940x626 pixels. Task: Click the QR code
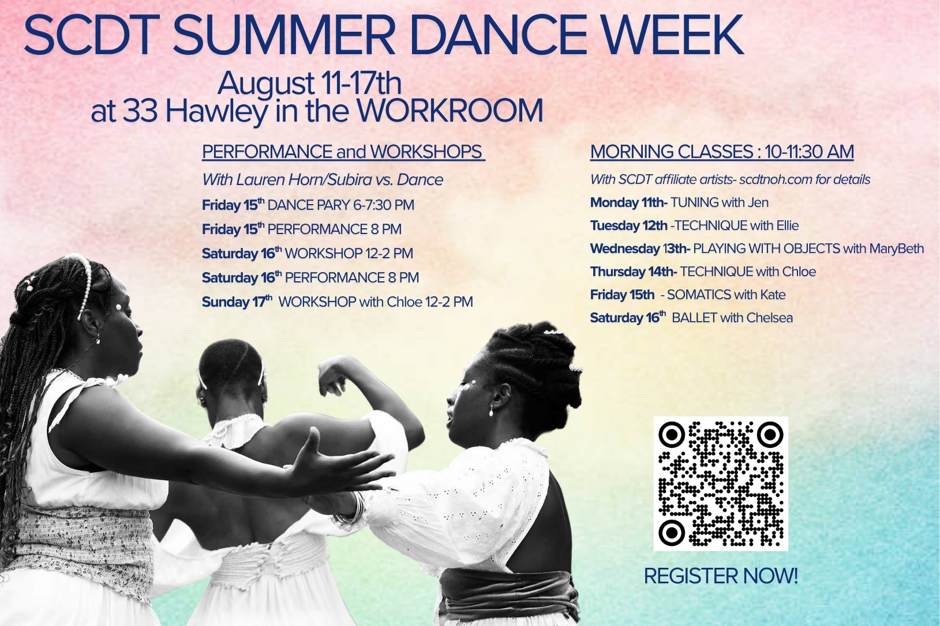coord(721,484)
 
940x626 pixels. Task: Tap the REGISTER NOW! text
coord(721,576)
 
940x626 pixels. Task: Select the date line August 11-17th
coord(309,84)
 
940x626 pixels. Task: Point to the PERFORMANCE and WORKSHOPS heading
coord(343,152)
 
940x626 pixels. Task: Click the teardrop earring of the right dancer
coord(491,412)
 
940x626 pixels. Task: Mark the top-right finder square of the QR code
coord(770,435)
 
